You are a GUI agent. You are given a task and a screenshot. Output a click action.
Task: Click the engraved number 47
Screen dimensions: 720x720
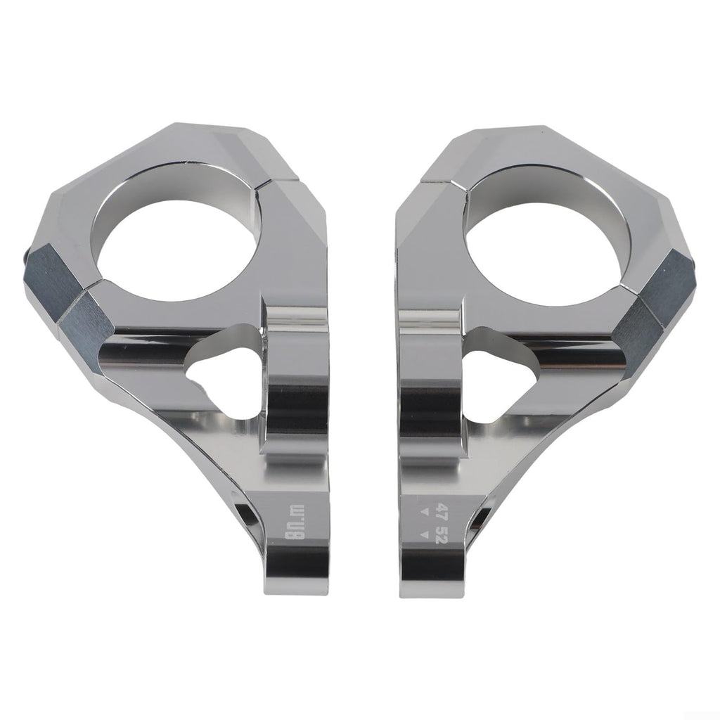(x=442, y=510)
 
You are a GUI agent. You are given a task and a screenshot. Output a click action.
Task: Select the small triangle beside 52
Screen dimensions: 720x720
(x=425, y=534)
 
